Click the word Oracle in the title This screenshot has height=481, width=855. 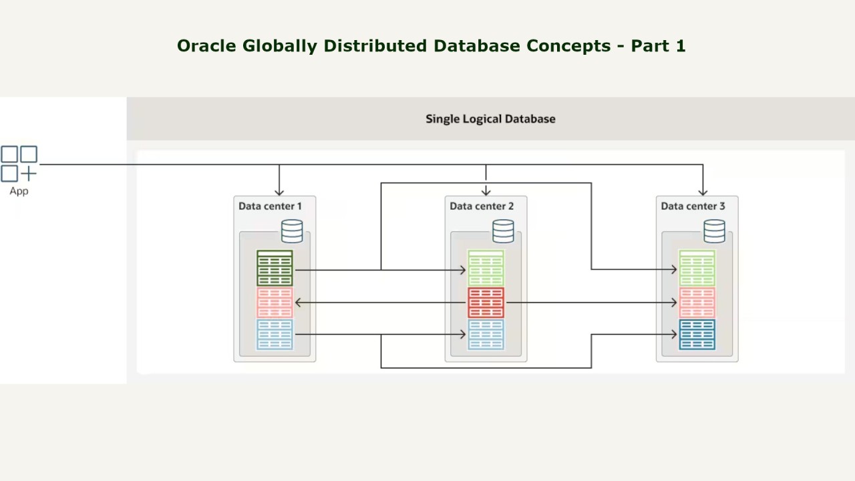click(206, 46)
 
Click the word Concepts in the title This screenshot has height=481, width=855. click(568, 46)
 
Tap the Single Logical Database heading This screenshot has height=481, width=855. click(490, 119)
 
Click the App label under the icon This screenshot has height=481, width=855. click(19, 191)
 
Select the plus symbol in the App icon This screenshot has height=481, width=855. click(29, 174)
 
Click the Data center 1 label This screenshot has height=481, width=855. click(270, 206)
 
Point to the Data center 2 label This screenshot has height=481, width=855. click(482, 206)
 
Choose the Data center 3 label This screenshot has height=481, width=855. click(693, 206)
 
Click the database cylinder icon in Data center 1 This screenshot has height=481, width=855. click(292, 231)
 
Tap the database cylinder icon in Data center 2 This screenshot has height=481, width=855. click(503, 231)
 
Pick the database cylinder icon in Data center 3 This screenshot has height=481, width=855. click(715, 231)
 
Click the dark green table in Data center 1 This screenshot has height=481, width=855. click(275, 268)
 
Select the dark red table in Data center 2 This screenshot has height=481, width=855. click(486, 303)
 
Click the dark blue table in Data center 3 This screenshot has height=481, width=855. click(697, 335)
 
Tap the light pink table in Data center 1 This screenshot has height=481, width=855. click(275, 303)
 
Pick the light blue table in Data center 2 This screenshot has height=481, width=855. click(486, 335)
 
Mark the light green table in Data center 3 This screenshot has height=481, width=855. click(697, 268)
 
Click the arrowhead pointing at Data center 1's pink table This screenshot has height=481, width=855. click(298, 303)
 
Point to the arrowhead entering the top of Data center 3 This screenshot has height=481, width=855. click(703, 192)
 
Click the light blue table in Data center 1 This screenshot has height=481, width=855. click(275, 335)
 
